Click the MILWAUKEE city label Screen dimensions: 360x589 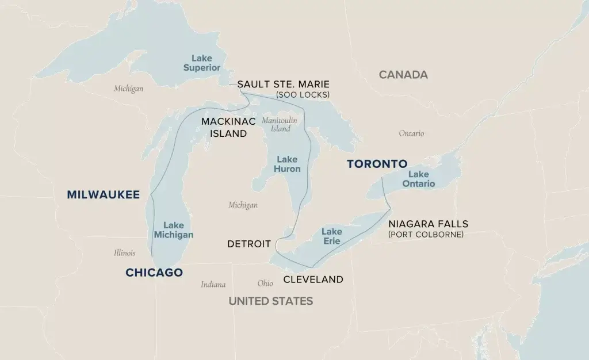coord(103,195)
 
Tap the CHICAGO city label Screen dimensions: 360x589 coord(154,273)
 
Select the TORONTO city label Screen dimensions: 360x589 coord(377,164)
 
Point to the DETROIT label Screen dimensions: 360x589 coord(248,244)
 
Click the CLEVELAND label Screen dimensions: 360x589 coord(313,279)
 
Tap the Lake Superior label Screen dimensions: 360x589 coord(202,63)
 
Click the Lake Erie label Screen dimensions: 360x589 coord(331,236)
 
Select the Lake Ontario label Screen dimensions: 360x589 coord(418,179)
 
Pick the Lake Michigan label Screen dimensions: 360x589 coord(173,230)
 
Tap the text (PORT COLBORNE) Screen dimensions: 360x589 coord(426,235)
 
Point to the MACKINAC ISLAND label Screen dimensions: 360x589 coord(224,128)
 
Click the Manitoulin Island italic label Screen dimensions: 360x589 coord(279,125)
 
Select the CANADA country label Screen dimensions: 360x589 coord(403,75)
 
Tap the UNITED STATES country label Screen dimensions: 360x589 coord(270,301)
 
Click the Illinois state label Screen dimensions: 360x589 coord(124,252)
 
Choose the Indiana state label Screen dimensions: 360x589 coord(213,284)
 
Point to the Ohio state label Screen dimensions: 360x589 coord(265,283)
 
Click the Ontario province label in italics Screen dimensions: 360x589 coord(411,133)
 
